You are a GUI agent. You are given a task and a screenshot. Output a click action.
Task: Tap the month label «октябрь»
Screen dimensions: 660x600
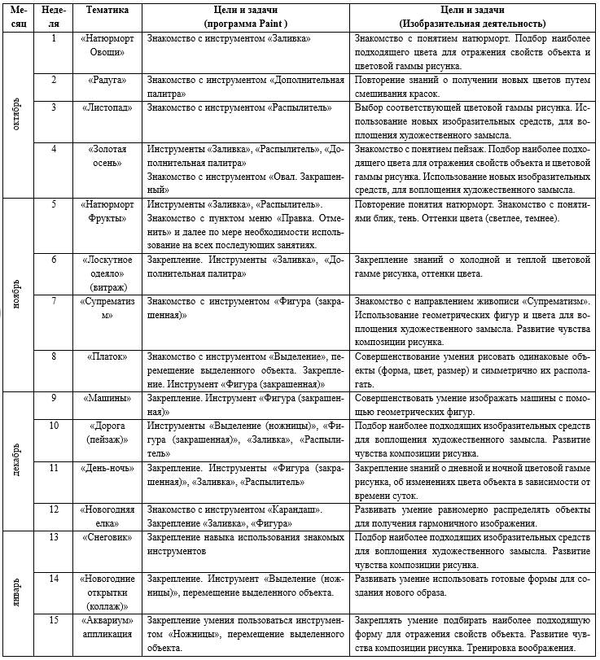[18, 114]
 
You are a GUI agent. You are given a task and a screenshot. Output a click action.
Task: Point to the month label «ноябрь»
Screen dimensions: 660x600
[18, 293]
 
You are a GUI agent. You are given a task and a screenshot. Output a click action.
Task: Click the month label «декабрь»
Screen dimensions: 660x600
[18, 461]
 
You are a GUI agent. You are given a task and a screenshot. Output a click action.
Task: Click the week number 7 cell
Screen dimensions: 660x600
[54, 301]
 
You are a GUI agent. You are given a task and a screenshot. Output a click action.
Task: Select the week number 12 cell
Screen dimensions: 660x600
[54, 509]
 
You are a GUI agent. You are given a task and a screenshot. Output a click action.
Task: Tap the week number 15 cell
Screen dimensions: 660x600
[54, 620]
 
